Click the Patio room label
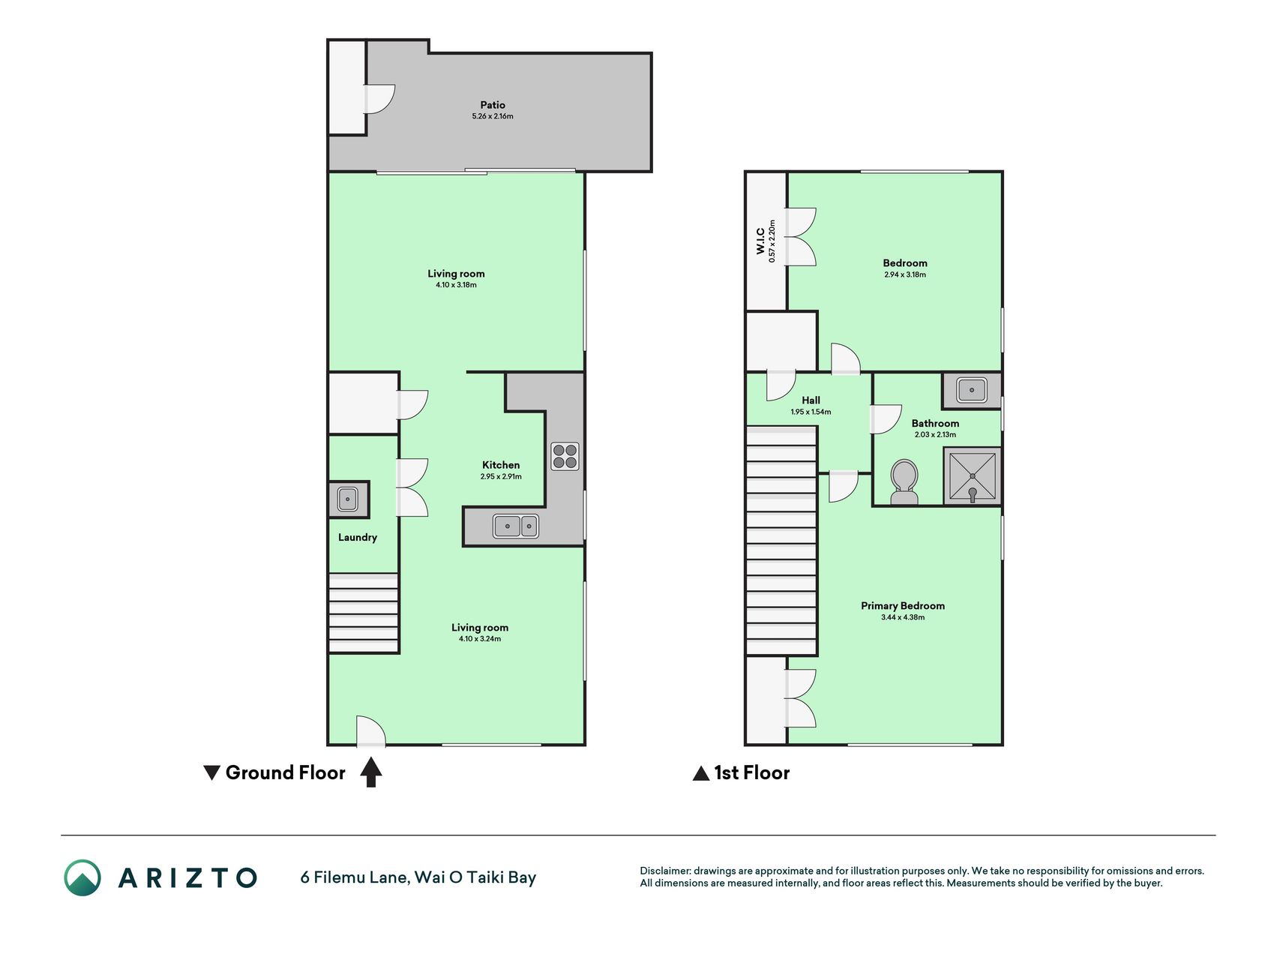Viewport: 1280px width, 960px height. (493, 105)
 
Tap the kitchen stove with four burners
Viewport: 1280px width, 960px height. (565, 456)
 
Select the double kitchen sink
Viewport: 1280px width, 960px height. (516, 526)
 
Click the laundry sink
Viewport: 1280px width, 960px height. (347, 499)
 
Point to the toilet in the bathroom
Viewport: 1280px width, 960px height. (904, 482)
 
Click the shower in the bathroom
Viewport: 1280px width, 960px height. (972, 476)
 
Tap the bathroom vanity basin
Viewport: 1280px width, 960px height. (972, 390)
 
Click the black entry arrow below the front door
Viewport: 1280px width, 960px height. (371, 772)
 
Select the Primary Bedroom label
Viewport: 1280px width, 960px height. (903, 606)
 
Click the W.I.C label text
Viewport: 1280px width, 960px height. (760, 241)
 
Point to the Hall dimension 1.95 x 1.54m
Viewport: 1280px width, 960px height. (811, 412)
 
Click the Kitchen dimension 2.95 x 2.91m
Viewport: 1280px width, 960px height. (501, 476)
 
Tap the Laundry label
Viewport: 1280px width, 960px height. (357, 538)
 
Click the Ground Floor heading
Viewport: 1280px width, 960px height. (285, 772)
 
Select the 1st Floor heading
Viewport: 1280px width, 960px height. (751, 772)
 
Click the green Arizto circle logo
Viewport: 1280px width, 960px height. (82, 877)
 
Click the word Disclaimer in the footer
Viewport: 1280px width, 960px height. (664, 871)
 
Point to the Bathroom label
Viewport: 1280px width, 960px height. (935, 424)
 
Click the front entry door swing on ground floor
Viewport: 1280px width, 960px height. (371, 731)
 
